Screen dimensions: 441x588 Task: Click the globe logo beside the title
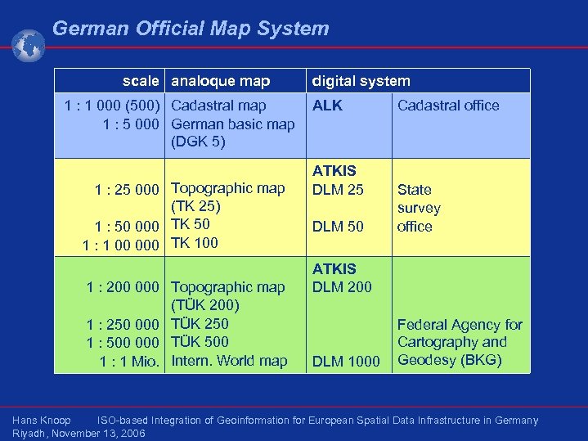click(29, 46)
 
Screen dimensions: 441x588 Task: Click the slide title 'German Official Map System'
click(191, 29)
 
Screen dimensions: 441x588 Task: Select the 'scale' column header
click(140, 81)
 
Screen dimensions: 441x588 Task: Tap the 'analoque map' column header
click(220, 81)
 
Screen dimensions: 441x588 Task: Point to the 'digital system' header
click(360, 81)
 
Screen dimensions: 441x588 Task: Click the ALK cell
click(327, 106)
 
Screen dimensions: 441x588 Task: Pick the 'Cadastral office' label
click(447, 106)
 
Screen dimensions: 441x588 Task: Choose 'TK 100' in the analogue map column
click(195, 242)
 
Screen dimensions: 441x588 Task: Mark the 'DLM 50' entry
click(338, 227)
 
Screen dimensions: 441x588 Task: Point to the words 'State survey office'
click(418, 208)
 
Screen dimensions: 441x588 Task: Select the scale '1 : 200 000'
click(123, 287)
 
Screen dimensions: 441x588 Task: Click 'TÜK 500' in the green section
click(200, 342)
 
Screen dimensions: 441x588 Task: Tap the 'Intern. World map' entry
click(229, 361)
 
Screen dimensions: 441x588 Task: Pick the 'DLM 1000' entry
click(346, 362)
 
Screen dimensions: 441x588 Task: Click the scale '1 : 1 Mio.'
click(129, 362)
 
